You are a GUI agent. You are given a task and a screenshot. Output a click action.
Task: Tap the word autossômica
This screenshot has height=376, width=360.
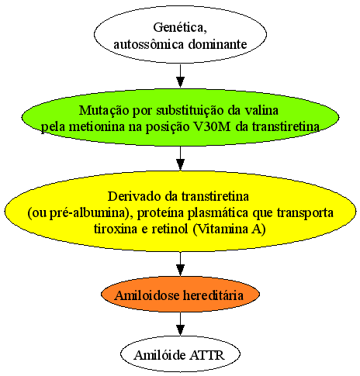(148, 44)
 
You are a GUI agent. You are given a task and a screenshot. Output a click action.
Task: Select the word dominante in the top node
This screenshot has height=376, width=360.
(217, 44)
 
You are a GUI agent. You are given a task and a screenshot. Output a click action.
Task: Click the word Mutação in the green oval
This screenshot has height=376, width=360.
(104, 110)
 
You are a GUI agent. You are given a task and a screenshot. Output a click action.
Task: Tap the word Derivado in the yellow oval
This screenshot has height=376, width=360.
(135, 196)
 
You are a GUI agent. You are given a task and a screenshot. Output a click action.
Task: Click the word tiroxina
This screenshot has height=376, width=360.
(116, 229)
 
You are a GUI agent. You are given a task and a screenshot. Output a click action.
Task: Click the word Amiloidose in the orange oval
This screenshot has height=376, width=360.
(147, 295)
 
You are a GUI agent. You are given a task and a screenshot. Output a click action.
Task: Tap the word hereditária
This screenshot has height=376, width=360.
(213, 295)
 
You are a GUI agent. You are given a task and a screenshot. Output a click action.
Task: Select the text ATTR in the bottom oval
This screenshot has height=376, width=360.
(207, 355)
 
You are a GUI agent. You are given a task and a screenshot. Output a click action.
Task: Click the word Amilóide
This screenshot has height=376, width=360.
(160, 355)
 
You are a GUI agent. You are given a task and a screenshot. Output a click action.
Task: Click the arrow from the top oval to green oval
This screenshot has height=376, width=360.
(180, 76)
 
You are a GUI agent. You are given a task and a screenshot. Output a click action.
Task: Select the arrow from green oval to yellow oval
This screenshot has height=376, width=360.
(180, 158)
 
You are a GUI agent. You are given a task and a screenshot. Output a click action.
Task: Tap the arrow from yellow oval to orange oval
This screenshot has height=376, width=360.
(180, 264)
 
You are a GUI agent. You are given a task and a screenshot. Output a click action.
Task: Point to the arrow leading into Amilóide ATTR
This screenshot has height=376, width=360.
(180, 324)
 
